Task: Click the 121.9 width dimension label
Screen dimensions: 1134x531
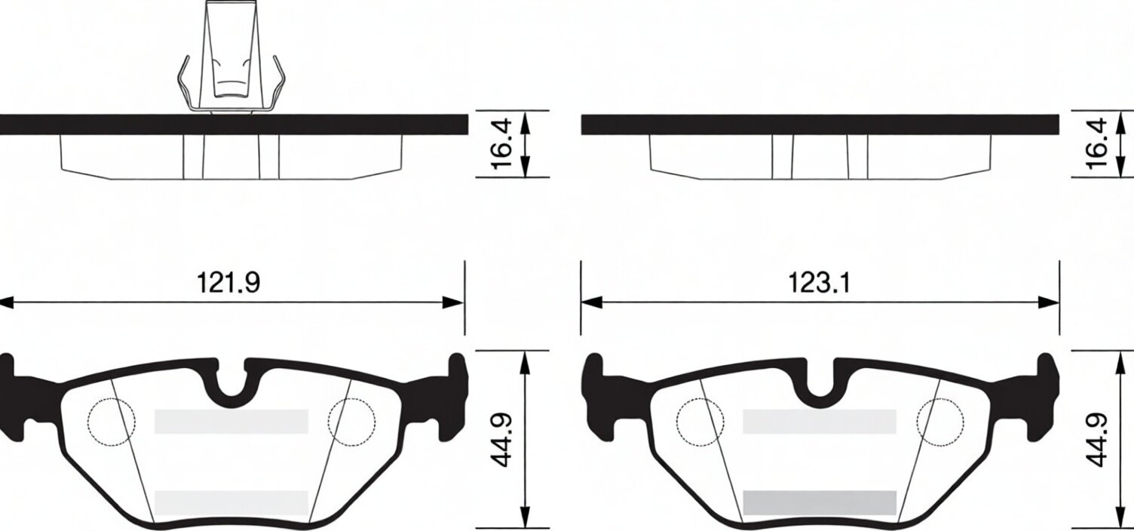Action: [228, 282]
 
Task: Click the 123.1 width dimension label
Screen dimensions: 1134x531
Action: [820, 282]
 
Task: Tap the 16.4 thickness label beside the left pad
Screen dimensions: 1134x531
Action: [501, 144]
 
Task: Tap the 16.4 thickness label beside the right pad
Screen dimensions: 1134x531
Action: [1096, 144]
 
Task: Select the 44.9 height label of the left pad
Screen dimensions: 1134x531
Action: [501, 440]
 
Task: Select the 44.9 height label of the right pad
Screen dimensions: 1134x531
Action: [1096, 440]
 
